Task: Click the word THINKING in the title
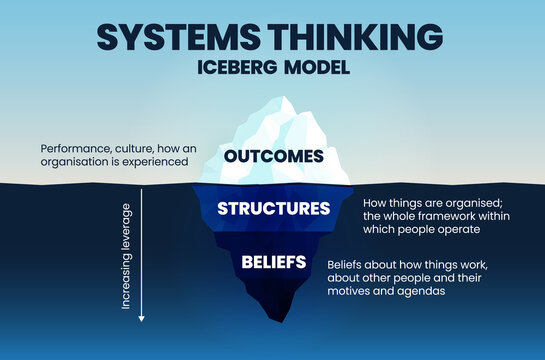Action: tap(359, 37)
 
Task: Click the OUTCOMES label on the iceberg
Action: tap(273, 156)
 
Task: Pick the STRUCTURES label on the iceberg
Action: tap(273, 209)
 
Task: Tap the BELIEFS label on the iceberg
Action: tap(273, 261)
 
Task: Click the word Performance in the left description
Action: tap(72, 149)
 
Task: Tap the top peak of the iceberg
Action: tap(287, 98)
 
